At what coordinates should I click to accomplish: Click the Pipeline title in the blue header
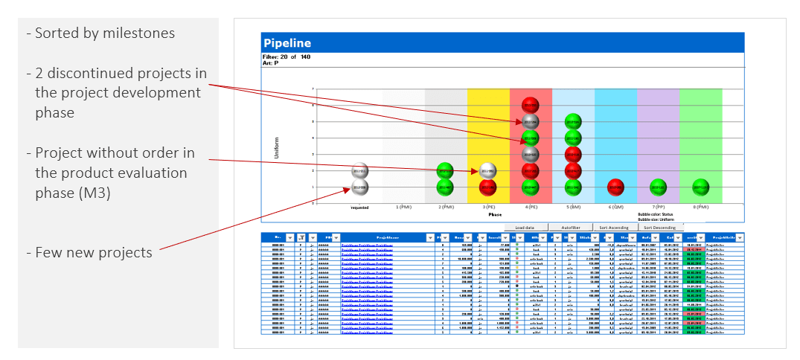(x=287, y=43)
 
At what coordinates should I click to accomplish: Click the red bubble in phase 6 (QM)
(x=615, y=186)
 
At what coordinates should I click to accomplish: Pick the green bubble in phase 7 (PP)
(x=657, y=186)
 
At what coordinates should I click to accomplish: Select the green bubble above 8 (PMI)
(x=700, y=186)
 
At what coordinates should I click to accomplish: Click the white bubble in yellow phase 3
(x=487, y=170)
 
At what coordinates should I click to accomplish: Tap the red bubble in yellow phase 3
(x=487, y=186)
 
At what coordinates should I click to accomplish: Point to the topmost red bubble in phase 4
(x=530, y=104)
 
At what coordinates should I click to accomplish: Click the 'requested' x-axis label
(x=360, y=208)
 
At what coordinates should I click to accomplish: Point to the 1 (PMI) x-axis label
(x=403, y=207)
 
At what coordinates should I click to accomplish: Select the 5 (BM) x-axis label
(x=572, y=207)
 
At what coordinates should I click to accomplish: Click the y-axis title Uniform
(x=276, y=145)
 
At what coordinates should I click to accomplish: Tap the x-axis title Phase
(x=494, y=214)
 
